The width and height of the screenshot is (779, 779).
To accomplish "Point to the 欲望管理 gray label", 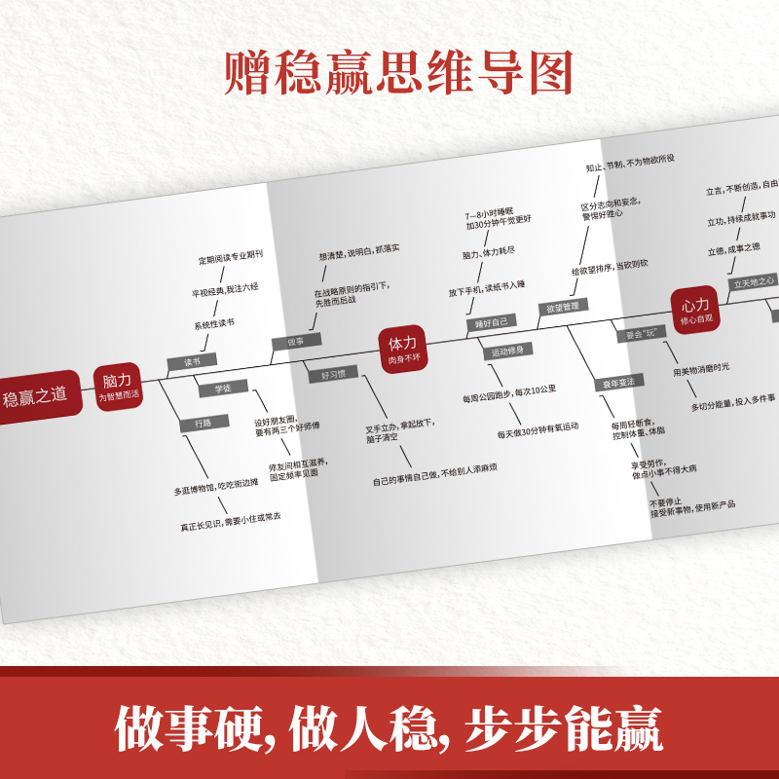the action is coord(564,308).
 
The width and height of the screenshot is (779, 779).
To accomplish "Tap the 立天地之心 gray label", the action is coord(753,280).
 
